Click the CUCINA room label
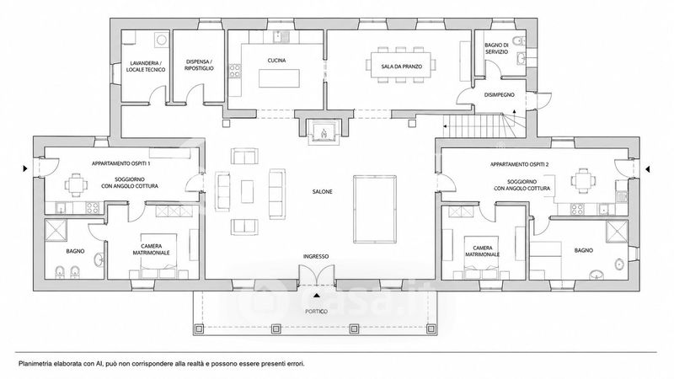click(276, 61)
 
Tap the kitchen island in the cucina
click(279, 78)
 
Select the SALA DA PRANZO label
click(402, 67)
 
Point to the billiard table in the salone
click(375, 209)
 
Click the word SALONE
click(322, 192)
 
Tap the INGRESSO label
click(316, 257)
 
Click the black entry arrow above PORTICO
click(317, 296)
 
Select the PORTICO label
click(316, 312)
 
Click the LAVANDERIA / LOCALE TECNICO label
click(145, 67)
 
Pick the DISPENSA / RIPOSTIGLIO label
click(199, 65)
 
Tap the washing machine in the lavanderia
click(161, 40)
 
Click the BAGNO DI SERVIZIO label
click(496, 48)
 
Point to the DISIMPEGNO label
click(499, 95)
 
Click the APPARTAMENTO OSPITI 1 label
click(120, 163)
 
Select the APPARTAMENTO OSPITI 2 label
click(519, 164)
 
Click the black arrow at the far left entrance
click(25, 169)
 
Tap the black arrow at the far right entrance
click(647, 169)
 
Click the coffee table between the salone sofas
click(247, 192)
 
